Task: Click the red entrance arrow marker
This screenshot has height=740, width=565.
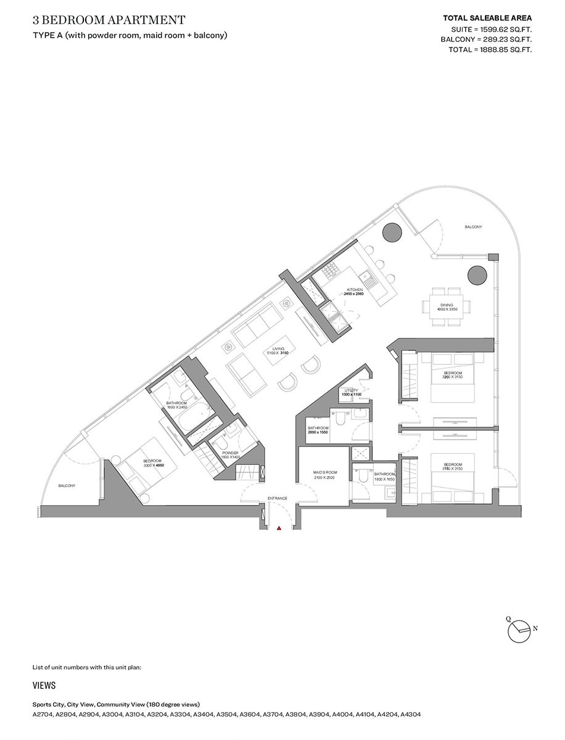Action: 279,528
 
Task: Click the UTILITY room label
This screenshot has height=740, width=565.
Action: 352,391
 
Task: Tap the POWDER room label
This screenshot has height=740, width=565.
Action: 229,453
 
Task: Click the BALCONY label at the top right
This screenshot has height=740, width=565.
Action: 474,228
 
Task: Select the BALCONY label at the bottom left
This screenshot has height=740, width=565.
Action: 67,486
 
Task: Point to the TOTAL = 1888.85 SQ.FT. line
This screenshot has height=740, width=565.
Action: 490,49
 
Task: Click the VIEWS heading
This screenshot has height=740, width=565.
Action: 44,685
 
